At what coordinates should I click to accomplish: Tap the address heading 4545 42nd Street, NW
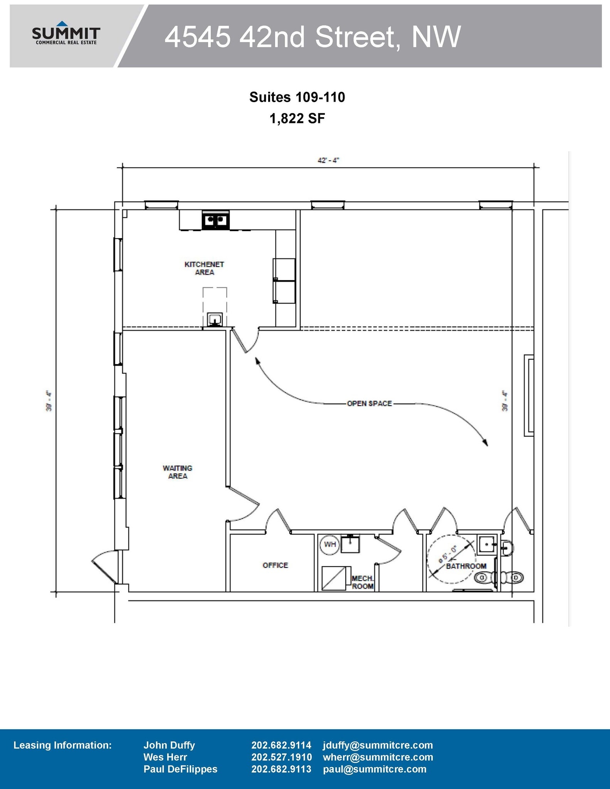pyautogui.click(x=312, y=37)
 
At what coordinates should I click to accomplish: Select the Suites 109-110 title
pyautogui.click(x=297, y=97)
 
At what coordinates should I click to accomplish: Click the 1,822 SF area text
pyautogui.click(x=297, y=118)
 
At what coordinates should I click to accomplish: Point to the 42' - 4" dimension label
pyautogui.click(x=328, y=160)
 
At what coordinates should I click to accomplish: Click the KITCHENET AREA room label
pyautogui.click(x=204, y=268)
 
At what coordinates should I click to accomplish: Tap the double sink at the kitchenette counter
pyautogui.click(x=215, y=220)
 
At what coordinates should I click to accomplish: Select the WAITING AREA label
pyautogui.click(x=178, y=472)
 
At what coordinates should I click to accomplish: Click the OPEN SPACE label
pyautogui.click(x=369, y=404)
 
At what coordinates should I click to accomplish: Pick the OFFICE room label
pyautogui.click(x=275, y=565)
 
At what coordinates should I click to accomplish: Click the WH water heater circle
pyautogui.click(x=330, y=544)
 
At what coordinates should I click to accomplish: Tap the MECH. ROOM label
pyautogui.click(x=363, y=583)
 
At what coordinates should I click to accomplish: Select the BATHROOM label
pyautogui.click(x=466, y=566)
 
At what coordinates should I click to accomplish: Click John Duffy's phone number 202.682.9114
pyautogui.click(x=281, y=745)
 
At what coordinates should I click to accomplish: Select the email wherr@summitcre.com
pyautogui.click(x=378, y=757)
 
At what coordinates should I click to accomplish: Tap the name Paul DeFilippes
pyautogui.click(x=180, y=769)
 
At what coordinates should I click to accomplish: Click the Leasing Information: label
pyautogui.click(x=62, y=745)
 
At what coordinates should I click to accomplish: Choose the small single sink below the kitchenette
pyautogui.click(x=215, y=319)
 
